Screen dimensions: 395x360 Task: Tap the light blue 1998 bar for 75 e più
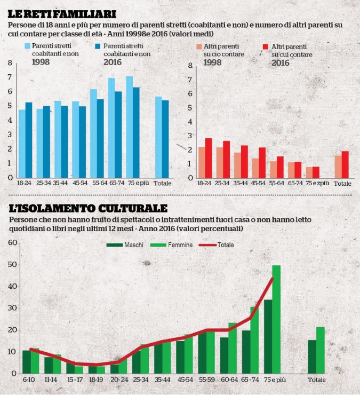130,127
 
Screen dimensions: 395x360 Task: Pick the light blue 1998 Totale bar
158,137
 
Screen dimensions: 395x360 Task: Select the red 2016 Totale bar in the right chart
345,164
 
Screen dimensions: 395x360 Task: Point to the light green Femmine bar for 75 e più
276,319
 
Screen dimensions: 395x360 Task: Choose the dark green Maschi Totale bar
311,356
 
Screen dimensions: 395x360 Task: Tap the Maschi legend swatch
115,244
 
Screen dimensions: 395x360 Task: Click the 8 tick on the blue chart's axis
10,64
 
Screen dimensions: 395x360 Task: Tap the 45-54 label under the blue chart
79,183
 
